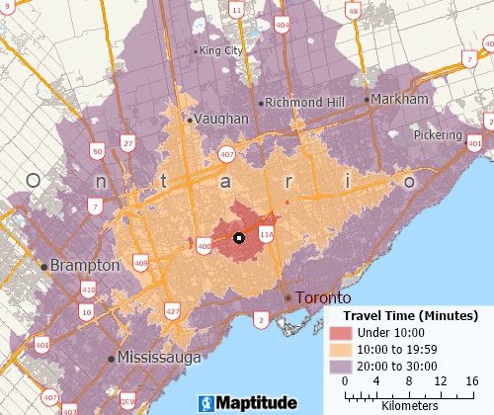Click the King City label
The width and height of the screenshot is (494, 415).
point(222,50)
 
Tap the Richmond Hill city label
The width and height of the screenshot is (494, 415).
point(299,102)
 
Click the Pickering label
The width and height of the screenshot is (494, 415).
point(438,134)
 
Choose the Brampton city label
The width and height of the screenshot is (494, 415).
point(84,266)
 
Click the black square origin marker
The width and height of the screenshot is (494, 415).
point(238,238)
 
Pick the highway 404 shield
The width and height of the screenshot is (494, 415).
point(283,24)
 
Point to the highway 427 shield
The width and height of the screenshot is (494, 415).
point(174,312)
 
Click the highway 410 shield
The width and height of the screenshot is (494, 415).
point(89,290)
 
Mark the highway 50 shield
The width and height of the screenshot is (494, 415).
point(96,151)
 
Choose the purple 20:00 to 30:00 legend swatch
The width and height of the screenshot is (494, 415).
point(341,365)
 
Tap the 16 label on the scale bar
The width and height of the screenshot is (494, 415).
point(471,381)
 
